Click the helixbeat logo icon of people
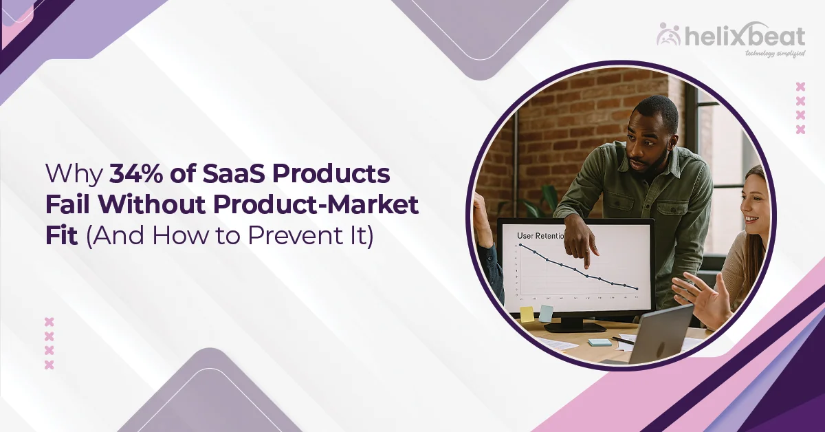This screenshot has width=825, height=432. (x=668, y=34)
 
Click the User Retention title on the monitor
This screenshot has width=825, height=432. (x=540, y=235)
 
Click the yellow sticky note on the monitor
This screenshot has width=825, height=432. (x=527, y=314)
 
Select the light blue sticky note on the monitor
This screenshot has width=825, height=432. (x=546, y=313)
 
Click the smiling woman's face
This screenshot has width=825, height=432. (x=755, y=206)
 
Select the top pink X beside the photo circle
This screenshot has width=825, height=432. (x=800, y=87)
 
